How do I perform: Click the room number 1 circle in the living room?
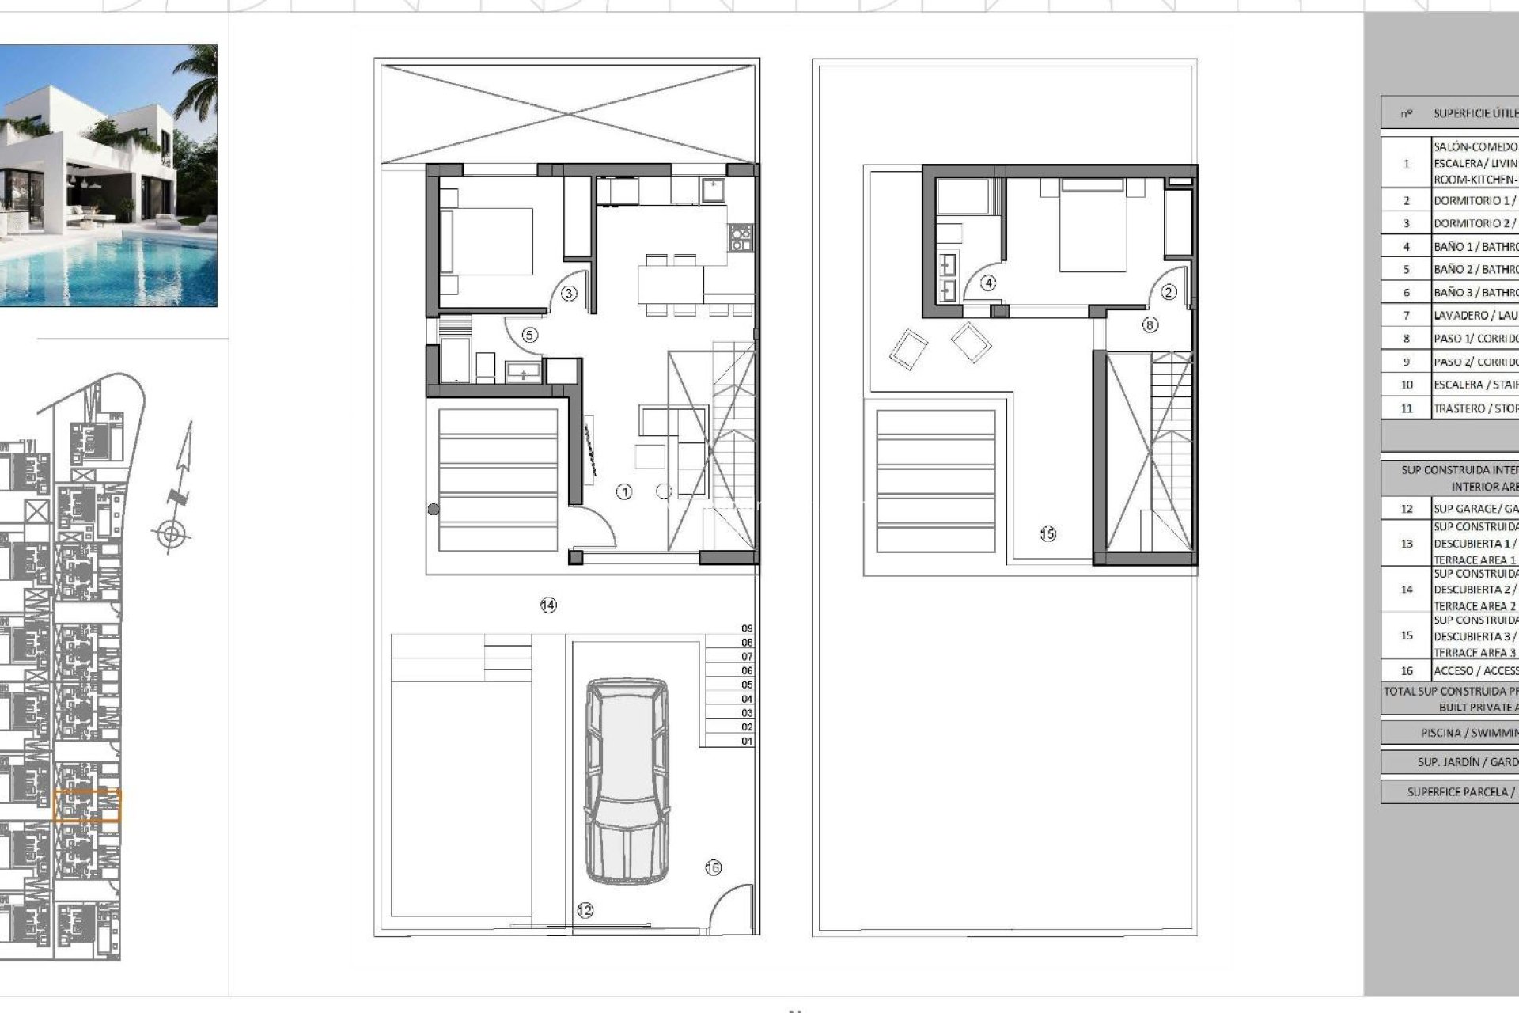pos(624,492)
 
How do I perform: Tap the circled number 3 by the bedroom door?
pos(569,294)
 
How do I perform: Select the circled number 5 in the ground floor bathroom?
pos(529,335)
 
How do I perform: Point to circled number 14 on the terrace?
pos(548,605)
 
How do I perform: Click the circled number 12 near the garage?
pos(585,911)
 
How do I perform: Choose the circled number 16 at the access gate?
pos(713,868)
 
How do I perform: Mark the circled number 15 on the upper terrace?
pos(1047,534)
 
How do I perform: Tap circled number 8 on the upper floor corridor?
pos(1150,324)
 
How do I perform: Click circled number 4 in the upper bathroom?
pos(988,283)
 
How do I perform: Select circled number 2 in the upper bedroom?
pos(1169,292)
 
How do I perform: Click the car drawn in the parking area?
pos(626,780)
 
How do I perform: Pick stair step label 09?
pos(747,628)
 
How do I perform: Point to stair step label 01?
pos(747,742)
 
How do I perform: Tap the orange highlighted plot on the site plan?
pos(87,806)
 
